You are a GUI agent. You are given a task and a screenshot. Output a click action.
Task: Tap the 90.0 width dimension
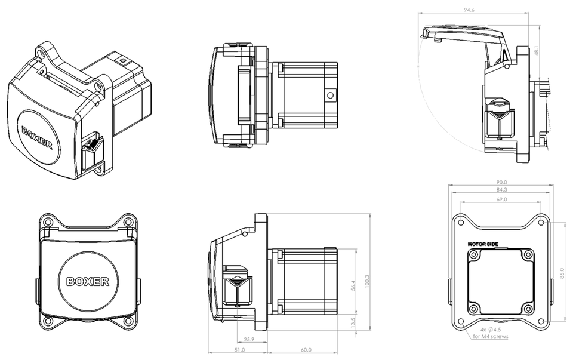point(501,182)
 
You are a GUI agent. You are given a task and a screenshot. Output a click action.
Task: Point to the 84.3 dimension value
point(501,190)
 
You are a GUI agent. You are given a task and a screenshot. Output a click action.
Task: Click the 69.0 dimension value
point(501,199)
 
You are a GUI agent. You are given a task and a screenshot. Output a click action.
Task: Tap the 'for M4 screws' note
point(491,337)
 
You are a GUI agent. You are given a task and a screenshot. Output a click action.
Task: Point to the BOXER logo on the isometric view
point(37,137)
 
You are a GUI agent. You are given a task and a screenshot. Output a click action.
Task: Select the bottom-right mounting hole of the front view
point(128,321)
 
